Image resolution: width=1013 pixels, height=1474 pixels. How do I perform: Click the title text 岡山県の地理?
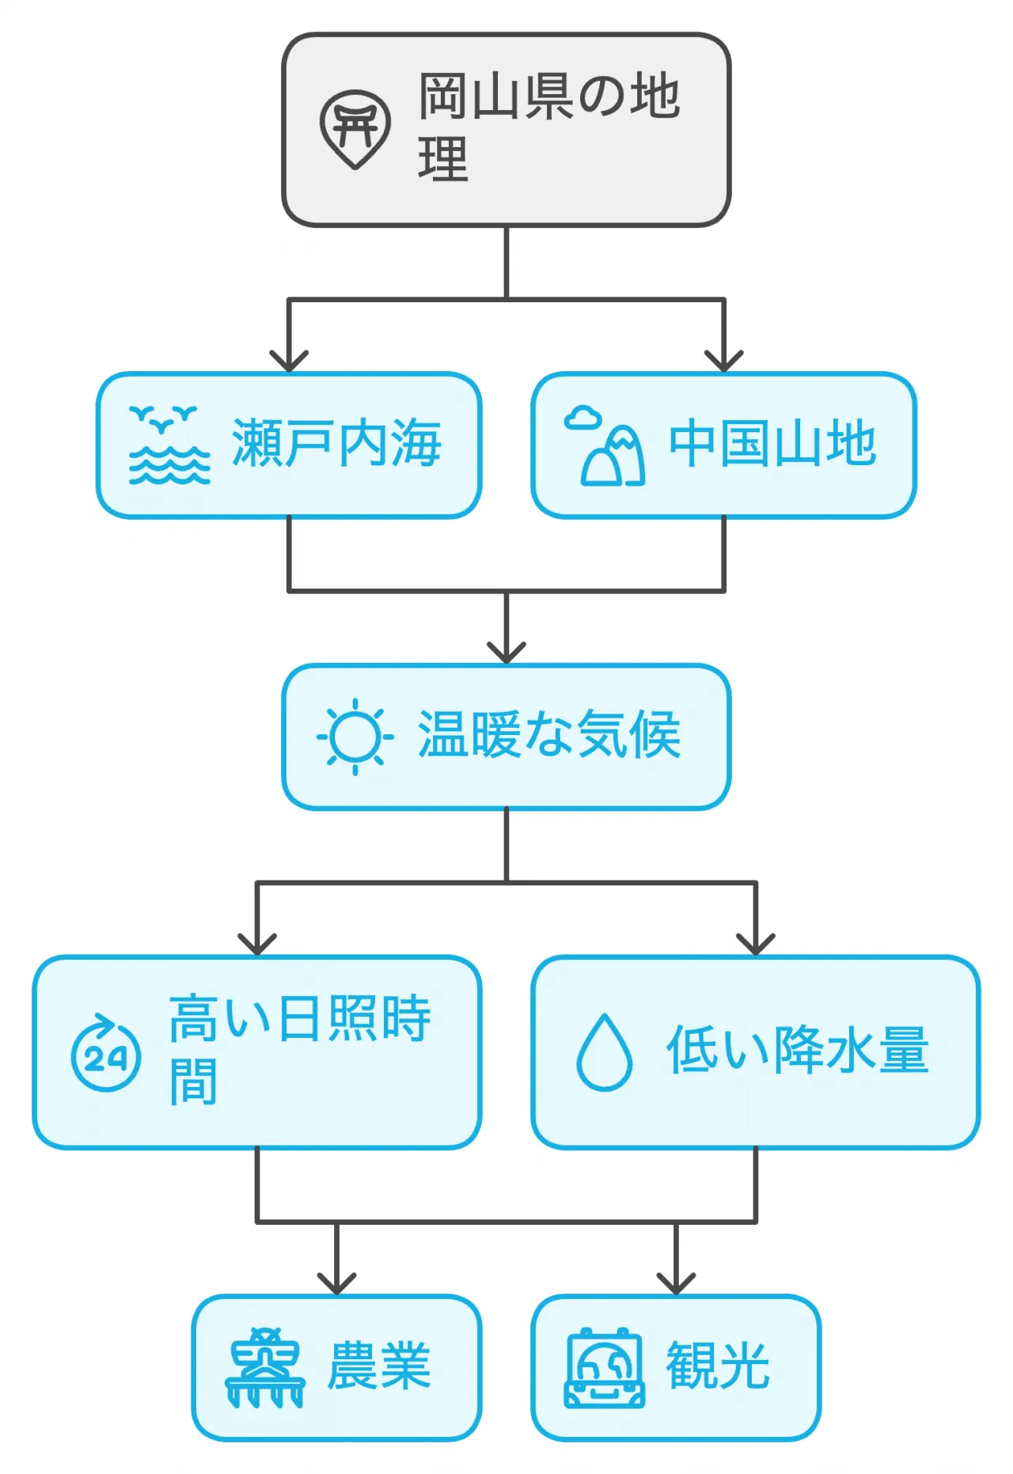tap(548, 127)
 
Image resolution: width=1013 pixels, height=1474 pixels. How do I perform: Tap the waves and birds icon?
tap(169, 445)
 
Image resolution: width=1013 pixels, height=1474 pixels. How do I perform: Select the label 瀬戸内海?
tap(336, 444)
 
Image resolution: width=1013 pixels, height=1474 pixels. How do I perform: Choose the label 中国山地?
tap(772, 444)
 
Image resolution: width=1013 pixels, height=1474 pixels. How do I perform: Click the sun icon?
tap(355, 737)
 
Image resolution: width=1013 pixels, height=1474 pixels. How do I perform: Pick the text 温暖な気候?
tap(549, 735)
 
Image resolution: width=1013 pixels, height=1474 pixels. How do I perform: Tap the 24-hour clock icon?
tap(105, 1053)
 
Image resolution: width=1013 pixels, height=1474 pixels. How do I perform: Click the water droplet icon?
tap(605, 1052)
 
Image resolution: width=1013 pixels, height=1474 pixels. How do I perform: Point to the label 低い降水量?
tap(797, 1051)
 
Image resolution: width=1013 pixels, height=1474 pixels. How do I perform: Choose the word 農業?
tap(379, 1366)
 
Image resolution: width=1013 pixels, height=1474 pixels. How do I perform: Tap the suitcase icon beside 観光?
tap(605, 1368)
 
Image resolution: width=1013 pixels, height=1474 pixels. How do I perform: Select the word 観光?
tap(718, 1366)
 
